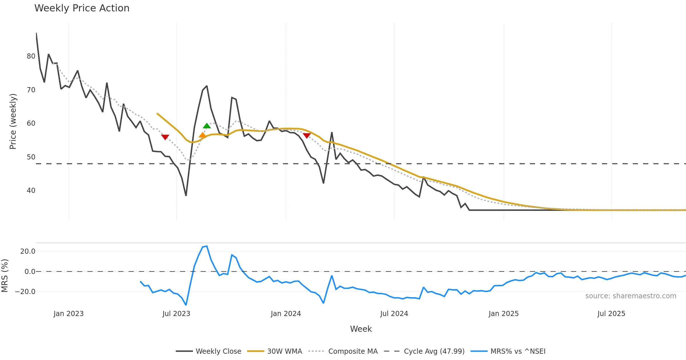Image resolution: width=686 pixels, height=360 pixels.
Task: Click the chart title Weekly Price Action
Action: (82, 8)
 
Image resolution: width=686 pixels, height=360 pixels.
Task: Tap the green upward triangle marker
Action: (207, 126)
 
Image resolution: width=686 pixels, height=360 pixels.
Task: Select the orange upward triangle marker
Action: (202, 135)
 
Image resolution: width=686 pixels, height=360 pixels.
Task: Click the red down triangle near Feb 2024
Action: (307, 135)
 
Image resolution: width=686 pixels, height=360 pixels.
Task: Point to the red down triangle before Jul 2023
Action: (165, 137)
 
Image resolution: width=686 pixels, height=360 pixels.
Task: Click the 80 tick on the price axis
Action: (31, 56)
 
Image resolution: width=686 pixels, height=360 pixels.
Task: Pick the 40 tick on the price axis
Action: (31, 191)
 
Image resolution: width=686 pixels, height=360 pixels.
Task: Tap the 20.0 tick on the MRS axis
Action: (28, 251)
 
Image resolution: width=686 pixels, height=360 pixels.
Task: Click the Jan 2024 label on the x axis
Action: (286, 314)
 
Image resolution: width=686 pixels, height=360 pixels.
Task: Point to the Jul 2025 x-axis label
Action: (611, 314)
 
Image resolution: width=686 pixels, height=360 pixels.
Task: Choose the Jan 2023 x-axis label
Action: (69, 314)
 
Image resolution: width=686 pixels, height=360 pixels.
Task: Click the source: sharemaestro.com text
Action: (631, 296)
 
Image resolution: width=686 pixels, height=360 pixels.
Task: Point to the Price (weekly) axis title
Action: (13, 121)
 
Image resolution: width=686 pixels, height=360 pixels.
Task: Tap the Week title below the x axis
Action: (361, 329)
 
